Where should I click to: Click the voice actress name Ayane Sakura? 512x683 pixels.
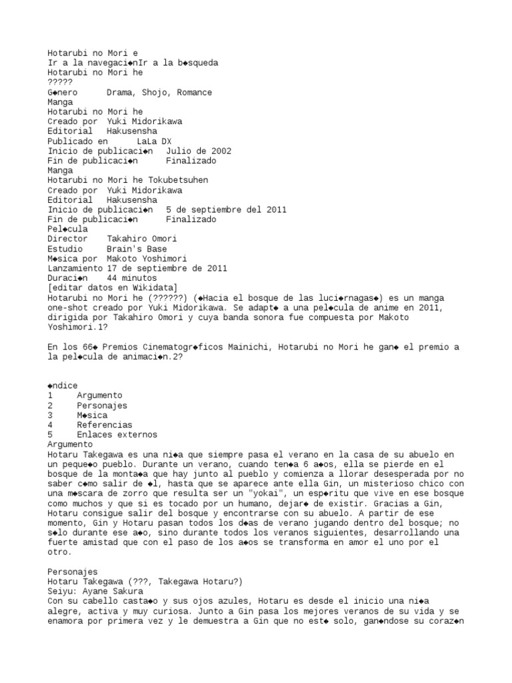tap(114, 591)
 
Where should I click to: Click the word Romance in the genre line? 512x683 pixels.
tap(195, 93)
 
